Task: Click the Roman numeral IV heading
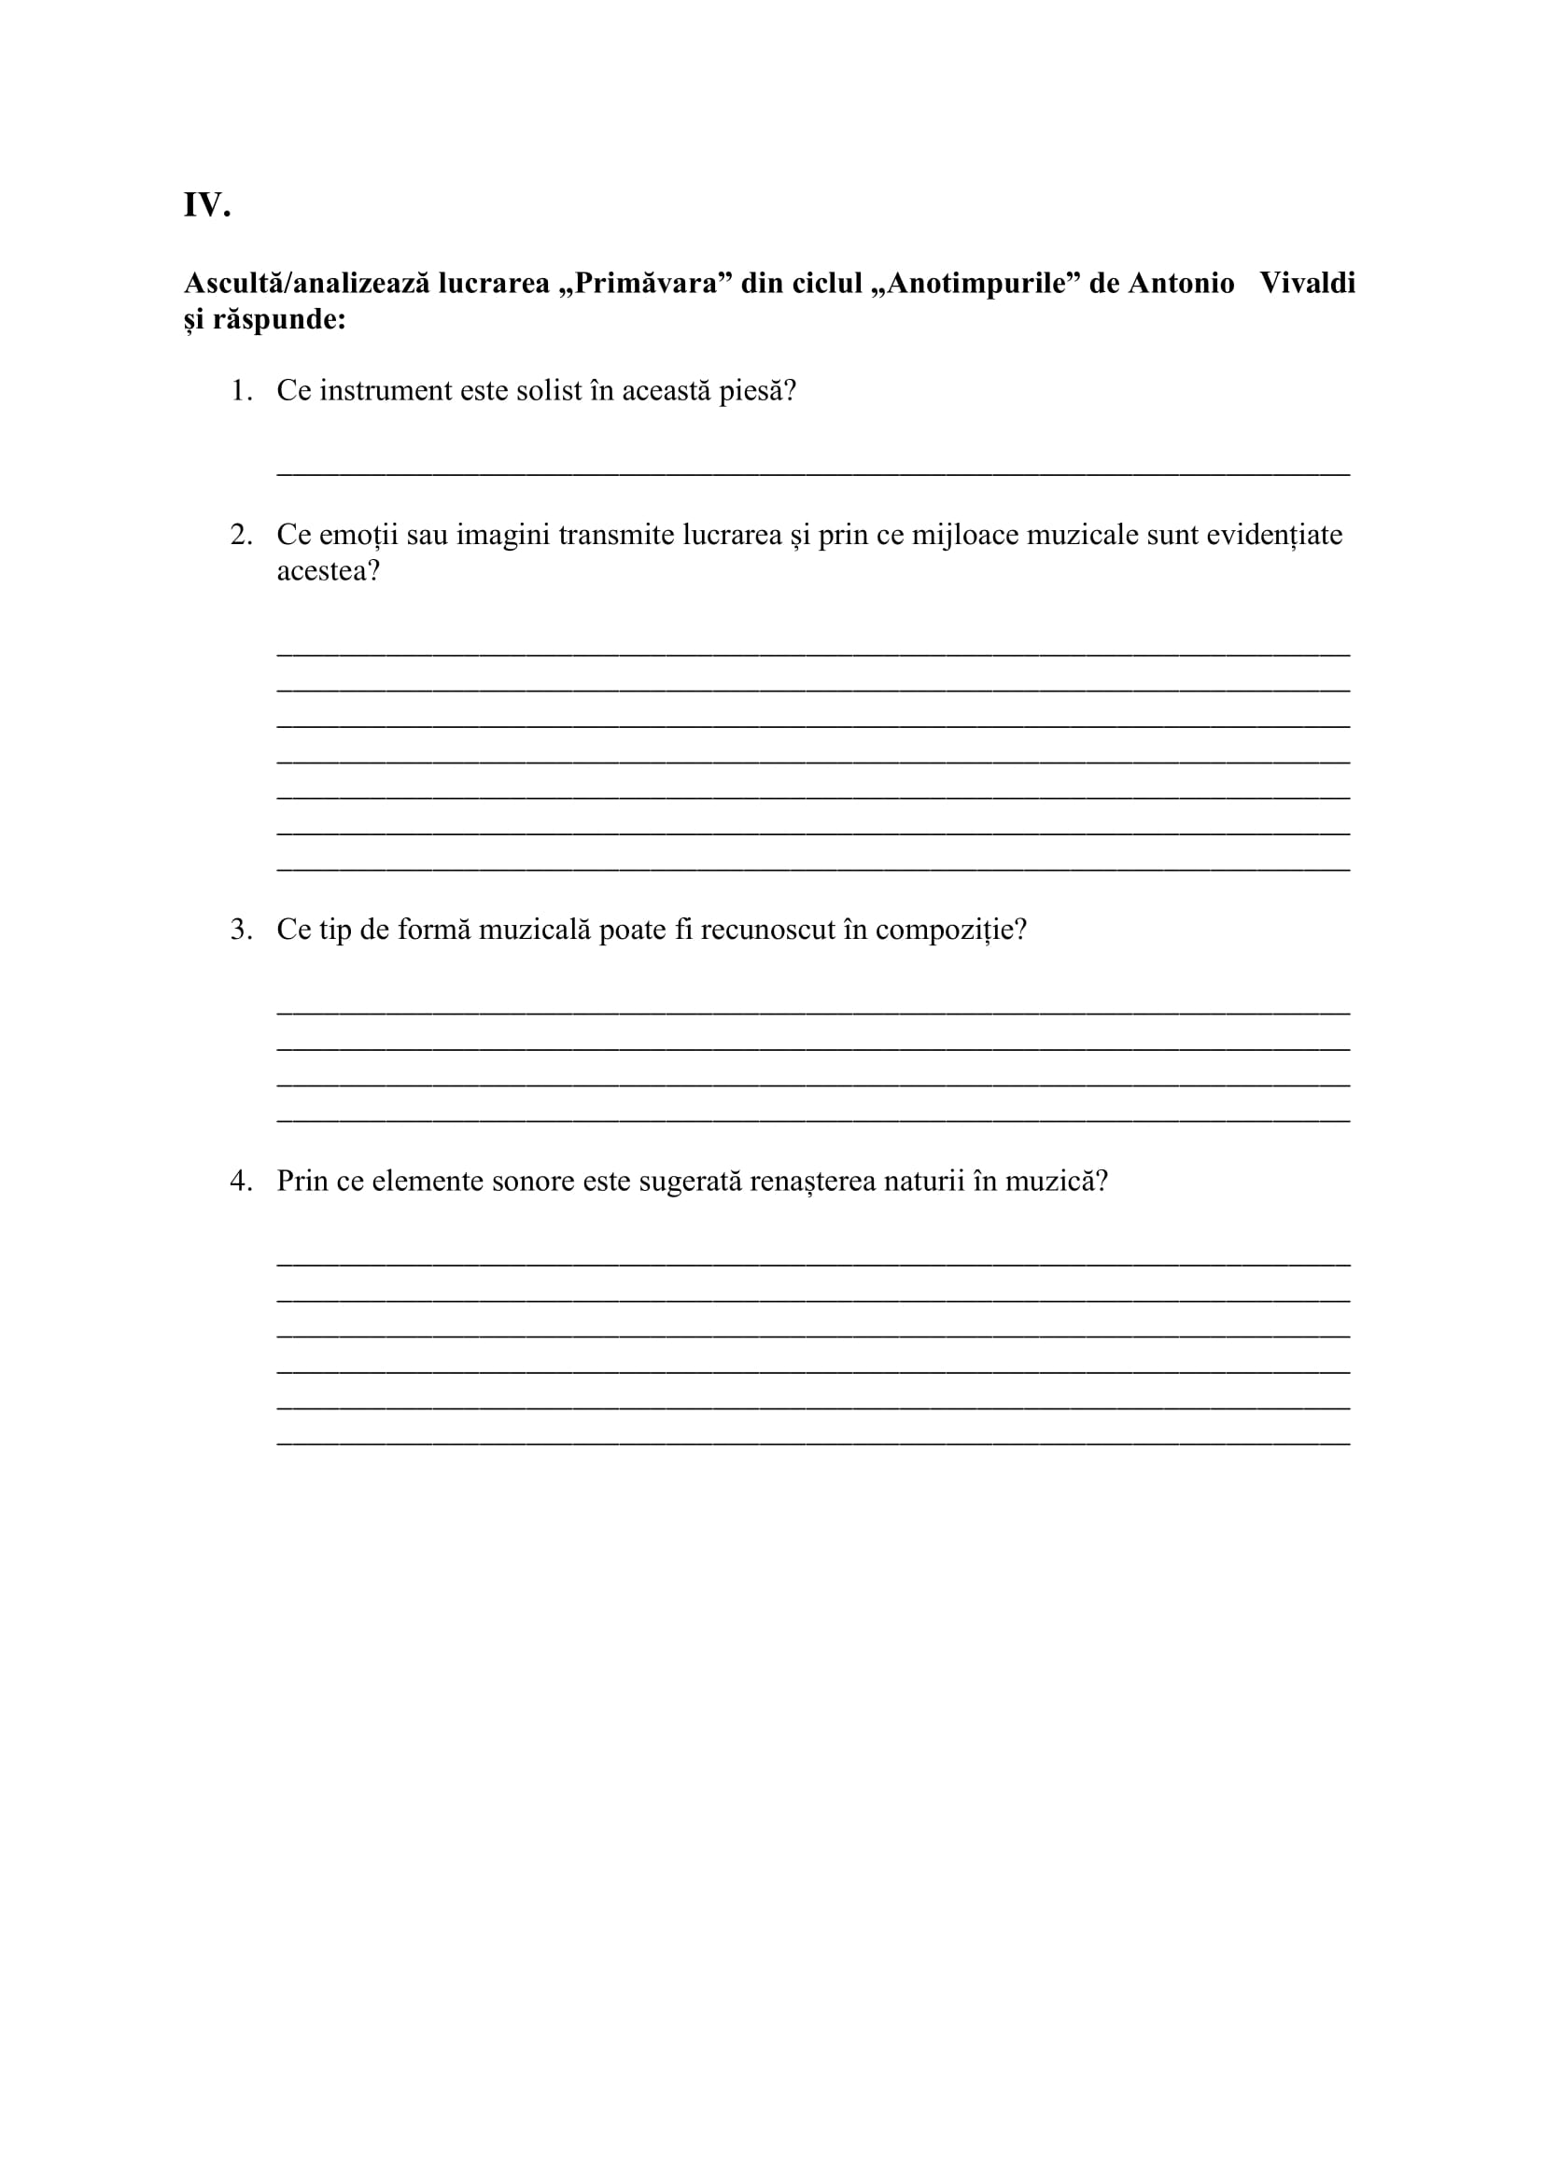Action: [206, 205]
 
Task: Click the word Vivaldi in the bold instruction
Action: [1307, 284]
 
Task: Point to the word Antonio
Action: [1181, 284]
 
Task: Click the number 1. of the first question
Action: [242, 391]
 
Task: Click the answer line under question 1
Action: [813, 470]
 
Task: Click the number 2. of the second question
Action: [242, 536]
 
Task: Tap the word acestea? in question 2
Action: [328, 571]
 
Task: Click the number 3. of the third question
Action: [242, 930]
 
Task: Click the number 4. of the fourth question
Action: [242, 1182]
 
